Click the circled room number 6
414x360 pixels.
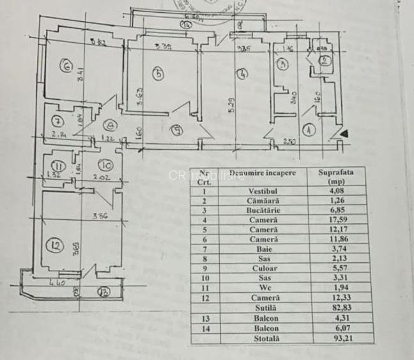65,65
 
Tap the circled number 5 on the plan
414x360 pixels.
158,74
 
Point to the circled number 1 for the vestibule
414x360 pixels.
310,130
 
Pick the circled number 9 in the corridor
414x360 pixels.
178,132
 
